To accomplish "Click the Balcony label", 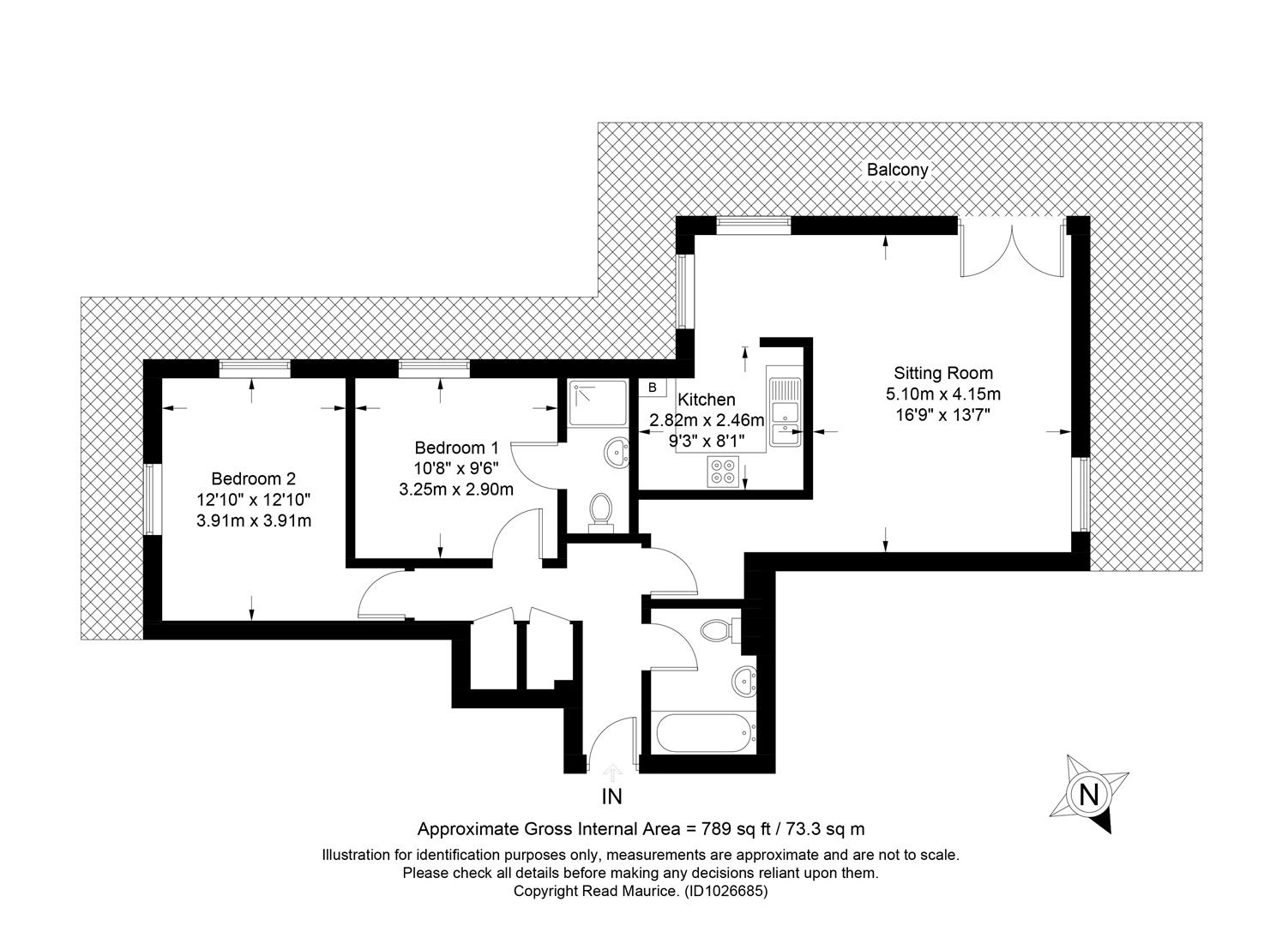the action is point(897,170).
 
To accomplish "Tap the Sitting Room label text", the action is point(943,373).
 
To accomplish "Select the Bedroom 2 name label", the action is point(254,478).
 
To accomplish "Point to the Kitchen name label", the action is point(707,400).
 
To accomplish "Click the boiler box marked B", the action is point(653,388).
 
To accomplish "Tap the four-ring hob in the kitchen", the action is point(723,472).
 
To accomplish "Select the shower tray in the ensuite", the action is point(598,404).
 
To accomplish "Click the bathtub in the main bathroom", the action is point(704,733).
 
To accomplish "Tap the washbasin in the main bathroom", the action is point(744,682).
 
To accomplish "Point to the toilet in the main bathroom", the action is point(720,631).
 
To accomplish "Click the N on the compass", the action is point(1088,795).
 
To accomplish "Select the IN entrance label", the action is point(611,797).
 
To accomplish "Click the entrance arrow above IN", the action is point(612,773).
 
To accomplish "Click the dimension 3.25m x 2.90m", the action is point(456,490).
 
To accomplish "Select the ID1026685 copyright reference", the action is point(725,891).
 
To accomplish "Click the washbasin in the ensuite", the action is point(617,453).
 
